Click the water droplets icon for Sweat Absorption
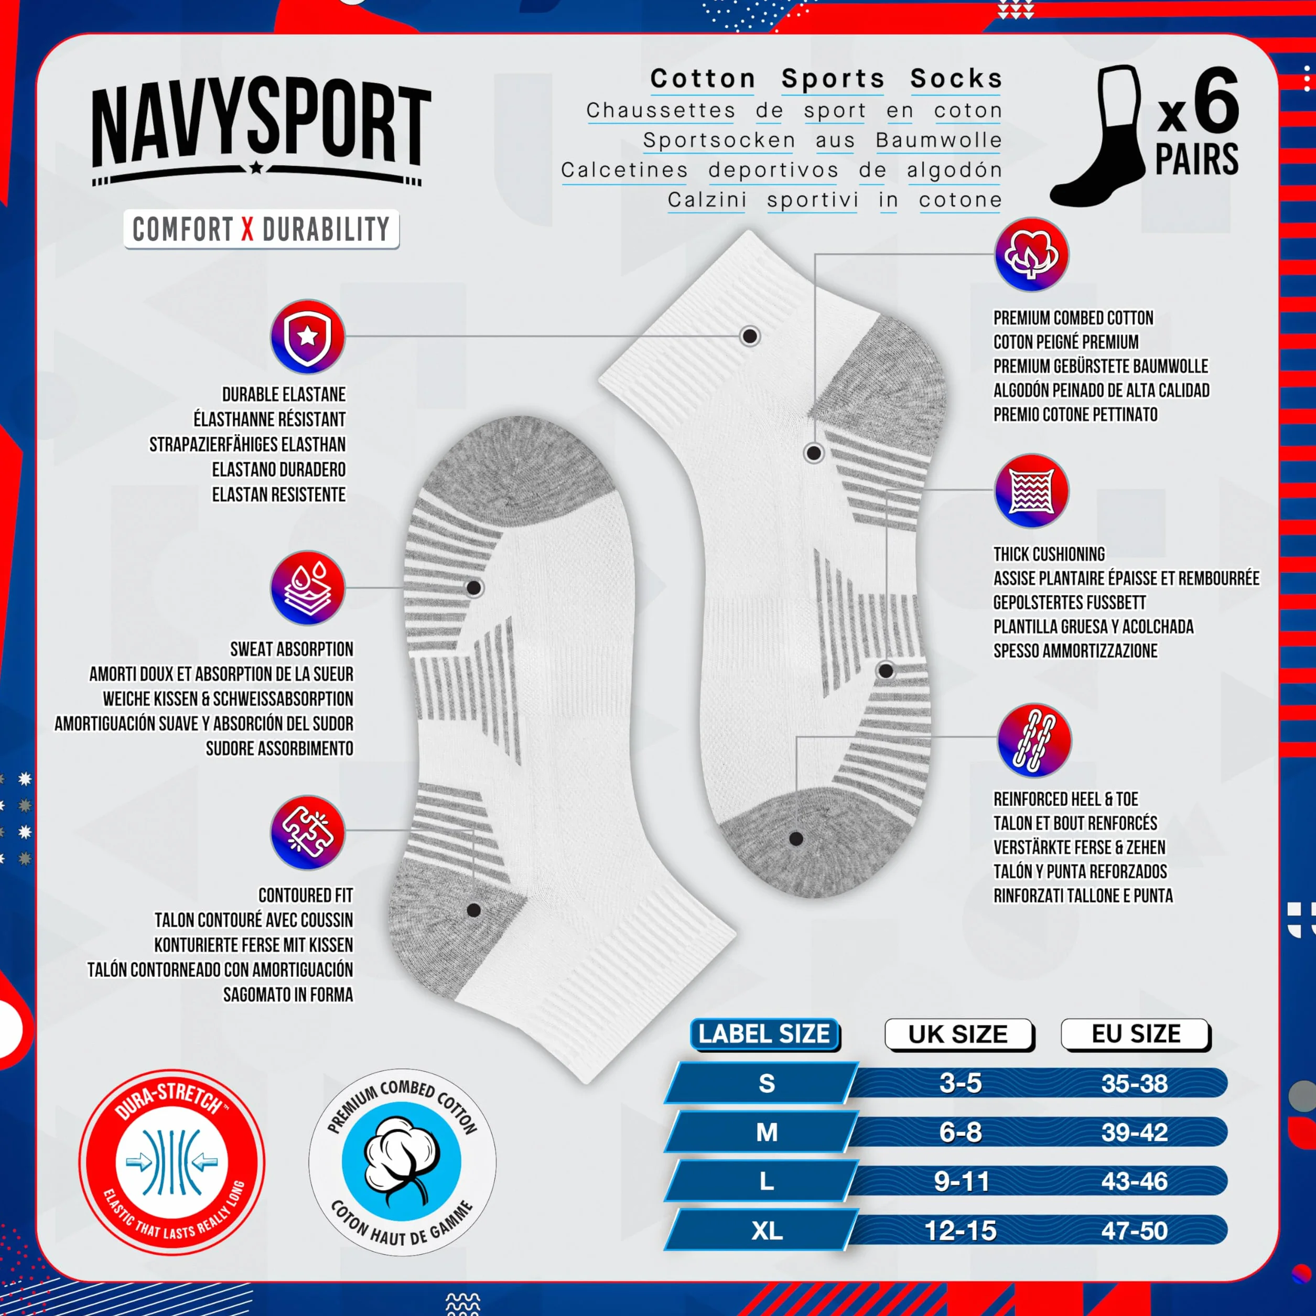click(308, 588)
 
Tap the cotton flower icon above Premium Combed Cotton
click(1031, 255)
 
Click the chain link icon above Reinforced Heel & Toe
click(1034, 740)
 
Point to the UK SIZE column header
click(959, 1034)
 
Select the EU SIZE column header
click(1136, 1034)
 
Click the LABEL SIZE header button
click(764, 1034)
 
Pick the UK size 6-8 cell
click(961, 1132)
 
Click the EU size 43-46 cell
click(1135, 1181)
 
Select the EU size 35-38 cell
click(1135, 1084)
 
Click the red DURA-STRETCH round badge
click(171, 1161)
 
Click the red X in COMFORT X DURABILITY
click(247, 230)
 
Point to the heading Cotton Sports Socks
click(826, 79)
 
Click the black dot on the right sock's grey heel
click(795, 839)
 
